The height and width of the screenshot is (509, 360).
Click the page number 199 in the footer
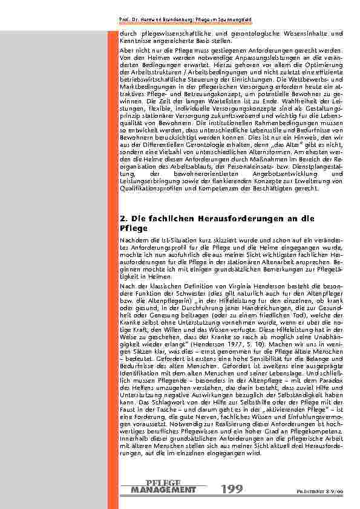pos(232,489)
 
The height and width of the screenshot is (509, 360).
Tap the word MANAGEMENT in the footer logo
pos(163,490)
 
